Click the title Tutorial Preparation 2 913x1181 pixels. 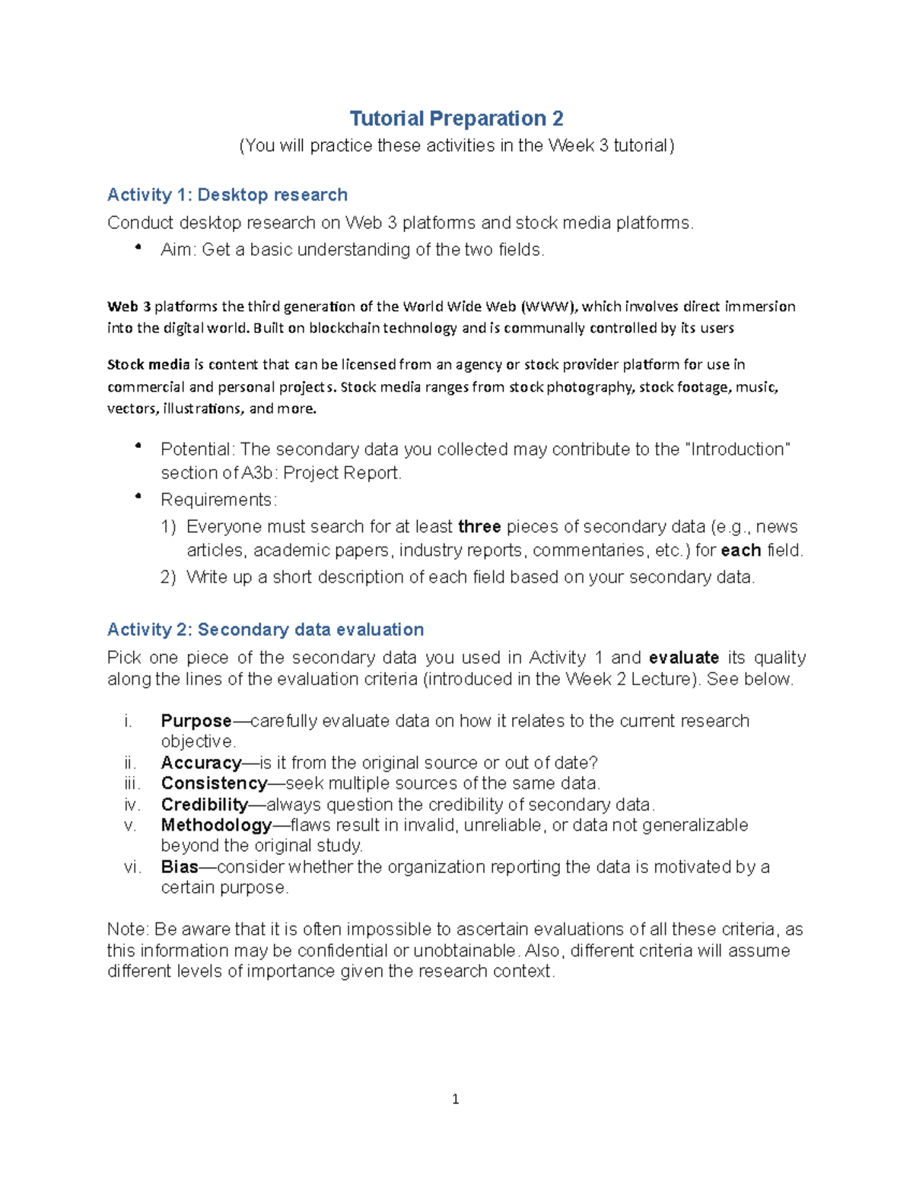tap(456, 119)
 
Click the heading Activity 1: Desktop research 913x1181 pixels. tap(227, 195)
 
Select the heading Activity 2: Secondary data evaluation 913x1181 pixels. tap(265, 630)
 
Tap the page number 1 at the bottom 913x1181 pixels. tap(455, 1099)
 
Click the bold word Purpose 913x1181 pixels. tap(196, 721)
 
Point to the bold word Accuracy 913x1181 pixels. tap(200, 763)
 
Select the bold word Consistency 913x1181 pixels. tap(213, 783)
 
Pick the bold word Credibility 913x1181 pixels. tap(204, 805)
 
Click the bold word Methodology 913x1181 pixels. tap(215, 825)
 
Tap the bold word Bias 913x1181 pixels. tap(179, 867)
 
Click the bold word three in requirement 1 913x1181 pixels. tap(479, 527)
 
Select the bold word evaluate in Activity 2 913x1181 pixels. tap(683, 658)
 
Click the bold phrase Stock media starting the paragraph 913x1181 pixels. tap(148, 365)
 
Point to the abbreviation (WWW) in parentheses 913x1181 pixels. tap(549, 307)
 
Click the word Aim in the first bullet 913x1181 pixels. tap(177, 250)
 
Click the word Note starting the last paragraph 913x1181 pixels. tap(128, 929)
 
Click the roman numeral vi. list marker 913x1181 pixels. tap(132, 867)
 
